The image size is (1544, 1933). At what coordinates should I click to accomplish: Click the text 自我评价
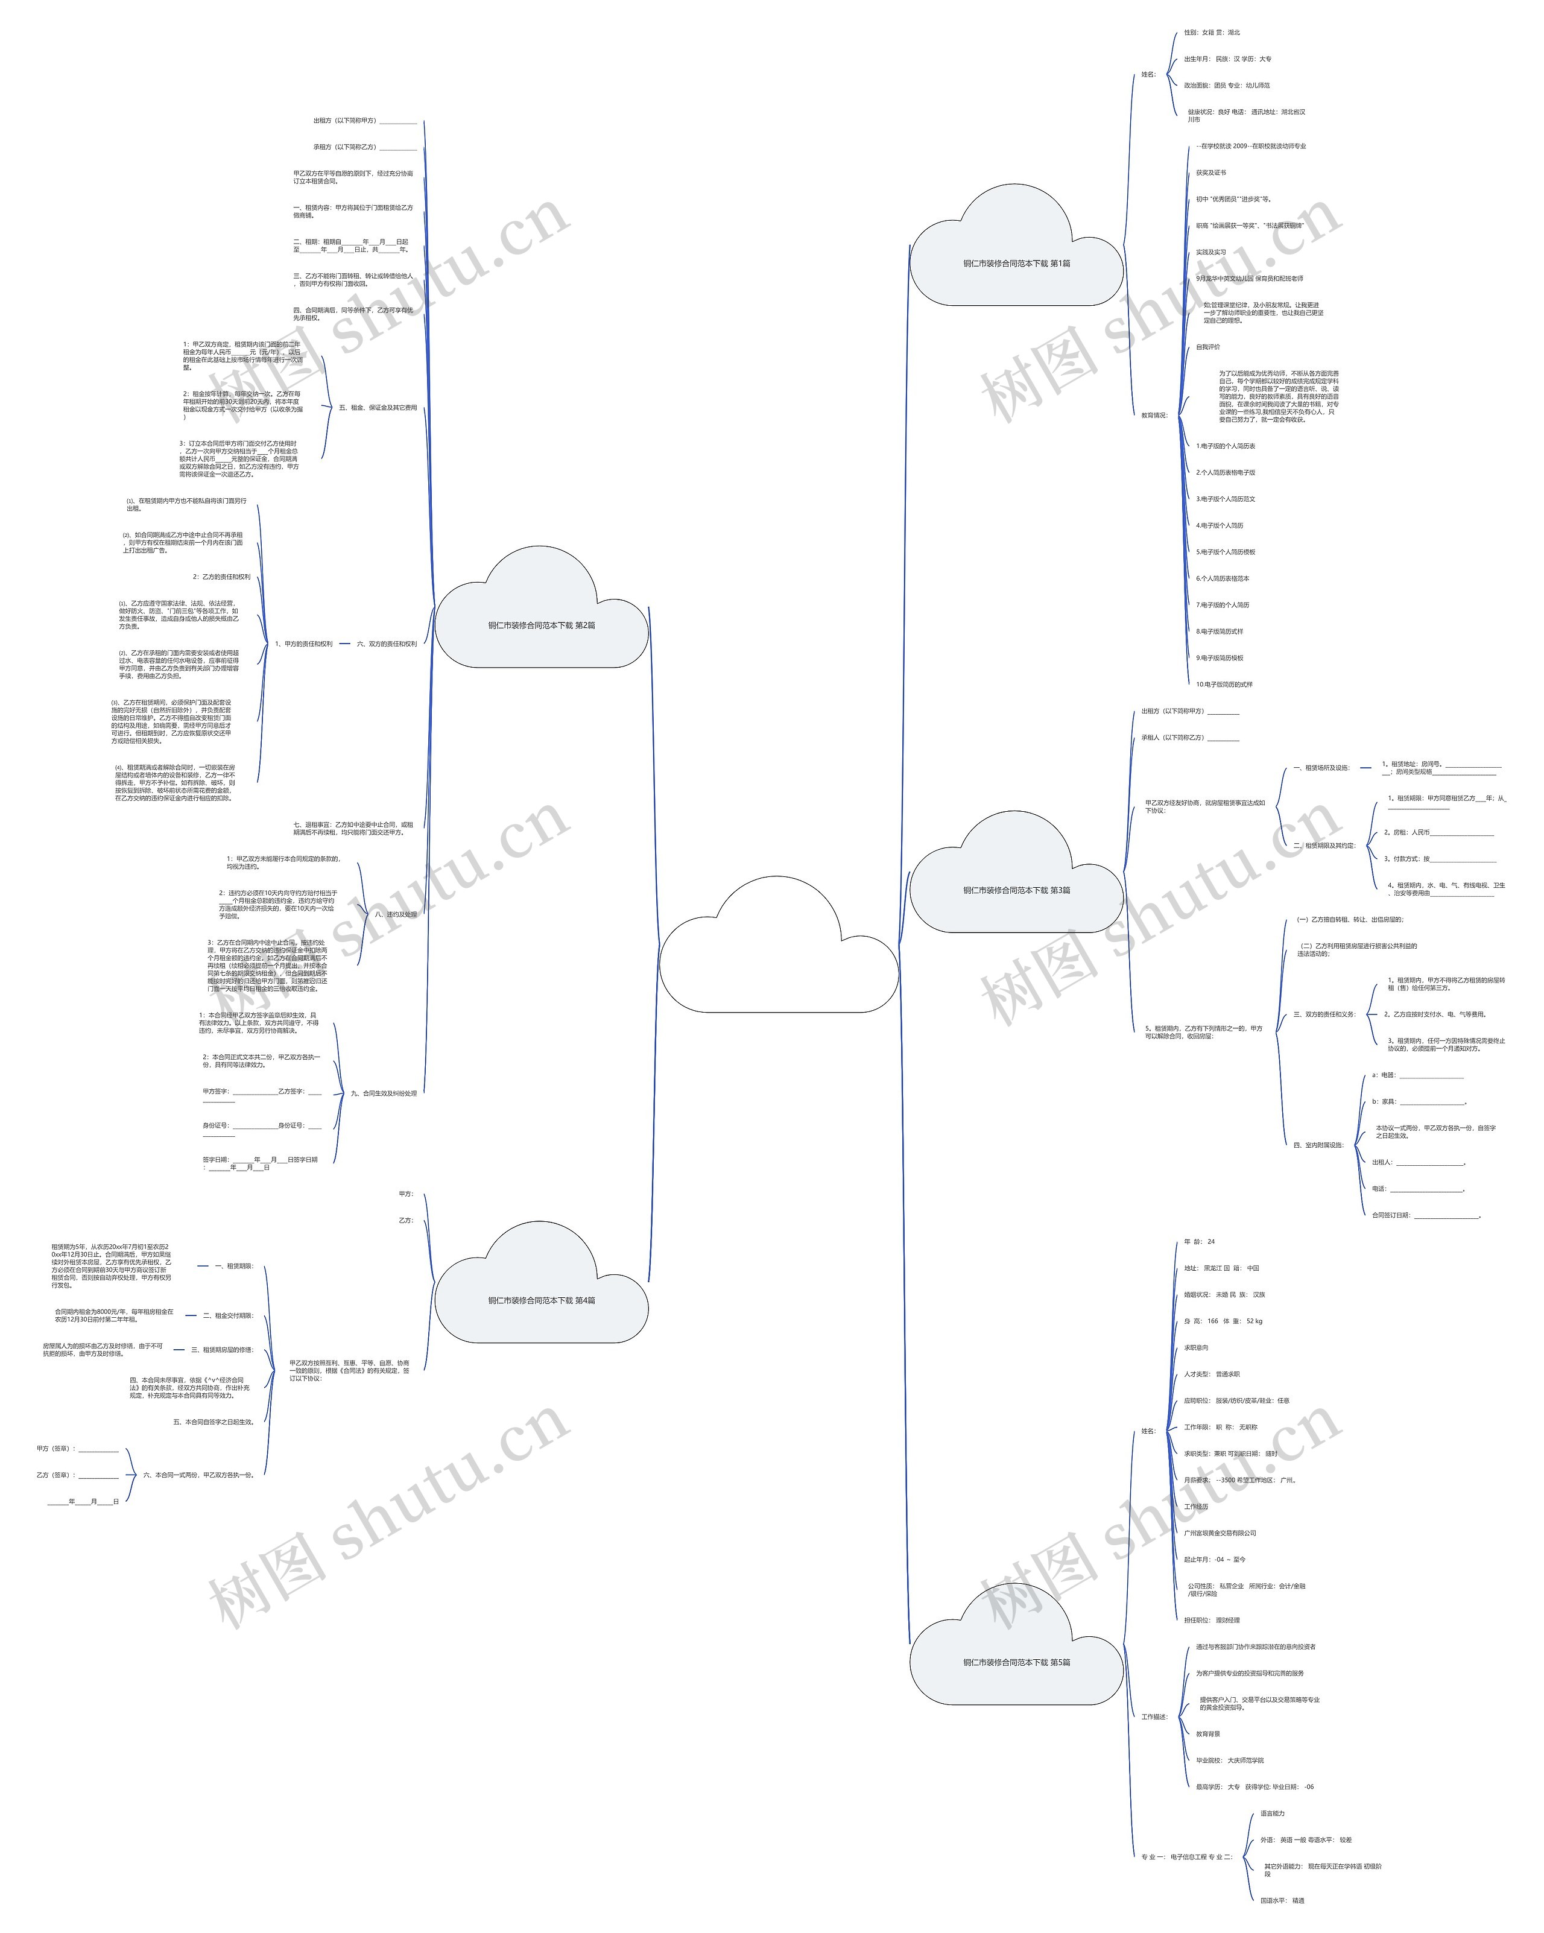(1208, 347)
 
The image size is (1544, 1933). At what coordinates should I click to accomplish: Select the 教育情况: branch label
(1154, 415)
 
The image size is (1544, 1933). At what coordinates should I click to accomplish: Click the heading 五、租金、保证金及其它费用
(378, 408)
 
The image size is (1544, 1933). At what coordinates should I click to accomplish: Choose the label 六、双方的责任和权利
(387, 644)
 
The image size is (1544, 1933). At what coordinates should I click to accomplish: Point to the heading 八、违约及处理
(396, 914)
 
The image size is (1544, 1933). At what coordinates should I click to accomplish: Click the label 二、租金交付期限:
(228, 1315)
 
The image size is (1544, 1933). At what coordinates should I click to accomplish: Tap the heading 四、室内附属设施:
(1318, 1145)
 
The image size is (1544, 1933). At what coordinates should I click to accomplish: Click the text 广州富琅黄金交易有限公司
(1220, 1533)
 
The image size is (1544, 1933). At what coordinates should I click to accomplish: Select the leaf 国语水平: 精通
(1282, 1900)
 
